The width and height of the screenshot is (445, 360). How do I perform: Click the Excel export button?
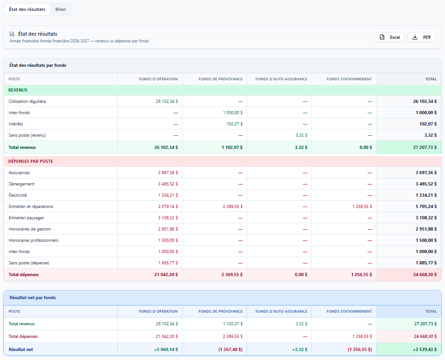tap(389, 37)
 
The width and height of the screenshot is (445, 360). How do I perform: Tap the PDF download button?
tap(422, 37)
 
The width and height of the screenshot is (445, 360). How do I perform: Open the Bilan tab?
tap(60, 9)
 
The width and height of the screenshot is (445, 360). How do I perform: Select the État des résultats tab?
tap(27, 9)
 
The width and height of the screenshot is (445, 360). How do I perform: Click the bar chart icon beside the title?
tap(12, 34)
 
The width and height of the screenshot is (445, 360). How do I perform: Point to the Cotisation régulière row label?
tap(27, 102)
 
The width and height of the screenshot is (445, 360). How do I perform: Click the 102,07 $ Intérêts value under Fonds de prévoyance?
tap(234, 124)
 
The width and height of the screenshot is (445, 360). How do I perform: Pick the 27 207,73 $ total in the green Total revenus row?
tap(425, 148)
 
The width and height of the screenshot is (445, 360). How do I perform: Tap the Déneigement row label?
tap(22, 184)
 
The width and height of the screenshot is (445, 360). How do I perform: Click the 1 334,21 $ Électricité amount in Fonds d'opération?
tap(168, 195)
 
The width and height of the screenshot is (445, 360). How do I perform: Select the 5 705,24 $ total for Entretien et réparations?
tap(426, 207)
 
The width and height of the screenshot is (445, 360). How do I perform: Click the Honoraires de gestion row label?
tap(30, 229)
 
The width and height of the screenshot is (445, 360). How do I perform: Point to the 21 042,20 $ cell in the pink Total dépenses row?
tap(166, 275)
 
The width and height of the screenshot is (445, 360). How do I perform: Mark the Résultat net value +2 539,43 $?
tap(425, 350)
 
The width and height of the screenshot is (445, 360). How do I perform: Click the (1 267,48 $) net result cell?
tap(230, 350)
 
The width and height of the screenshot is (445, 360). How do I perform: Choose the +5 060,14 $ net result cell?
tap(166, 350)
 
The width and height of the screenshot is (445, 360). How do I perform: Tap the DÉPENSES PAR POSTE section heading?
tap(31, 161)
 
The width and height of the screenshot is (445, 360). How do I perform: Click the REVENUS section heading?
tap(18, 90)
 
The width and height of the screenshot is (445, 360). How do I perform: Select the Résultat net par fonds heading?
tap(32, 298)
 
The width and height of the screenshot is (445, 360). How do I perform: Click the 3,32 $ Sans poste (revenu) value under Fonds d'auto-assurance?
tap(301, 135)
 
